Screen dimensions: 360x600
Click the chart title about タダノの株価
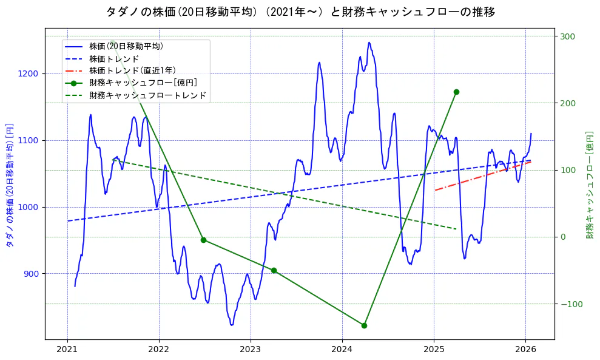pos(300,12)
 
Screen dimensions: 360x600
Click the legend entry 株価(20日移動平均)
pos(126,46)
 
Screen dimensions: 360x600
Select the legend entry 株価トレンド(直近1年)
pos(132,70)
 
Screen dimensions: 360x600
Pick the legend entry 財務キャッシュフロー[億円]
pos(143,83)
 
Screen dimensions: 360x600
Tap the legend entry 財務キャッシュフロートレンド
pos(147,95)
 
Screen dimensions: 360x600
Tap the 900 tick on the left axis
pos(31,274)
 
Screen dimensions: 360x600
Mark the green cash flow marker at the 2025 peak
pos(456,92)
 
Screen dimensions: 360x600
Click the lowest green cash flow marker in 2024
pos(364,325)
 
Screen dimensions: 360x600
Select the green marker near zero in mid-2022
pos(203,240)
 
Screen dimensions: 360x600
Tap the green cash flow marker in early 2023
pos(274,270)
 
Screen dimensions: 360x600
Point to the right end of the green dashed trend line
pos(456,229)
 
